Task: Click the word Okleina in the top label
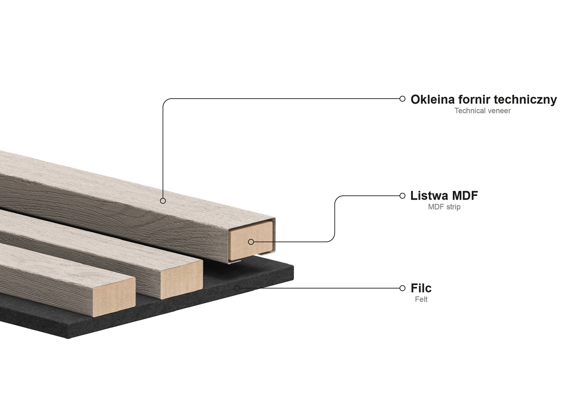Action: [432, 99]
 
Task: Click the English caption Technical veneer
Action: [482, 111]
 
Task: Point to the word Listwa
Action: [429, 196]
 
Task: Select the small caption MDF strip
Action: [444, 207]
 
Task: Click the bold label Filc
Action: [421, 288]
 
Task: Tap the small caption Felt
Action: [421, 299]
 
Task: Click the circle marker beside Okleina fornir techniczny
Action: [402, 99]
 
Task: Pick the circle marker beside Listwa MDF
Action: [402, 196]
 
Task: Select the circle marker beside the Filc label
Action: [402, 288]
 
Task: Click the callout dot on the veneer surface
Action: [163, 201]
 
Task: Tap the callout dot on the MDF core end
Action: [251, 242]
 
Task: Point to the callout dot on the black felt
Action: [236, 288]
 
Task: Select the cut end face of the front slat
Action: [114, 296]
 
